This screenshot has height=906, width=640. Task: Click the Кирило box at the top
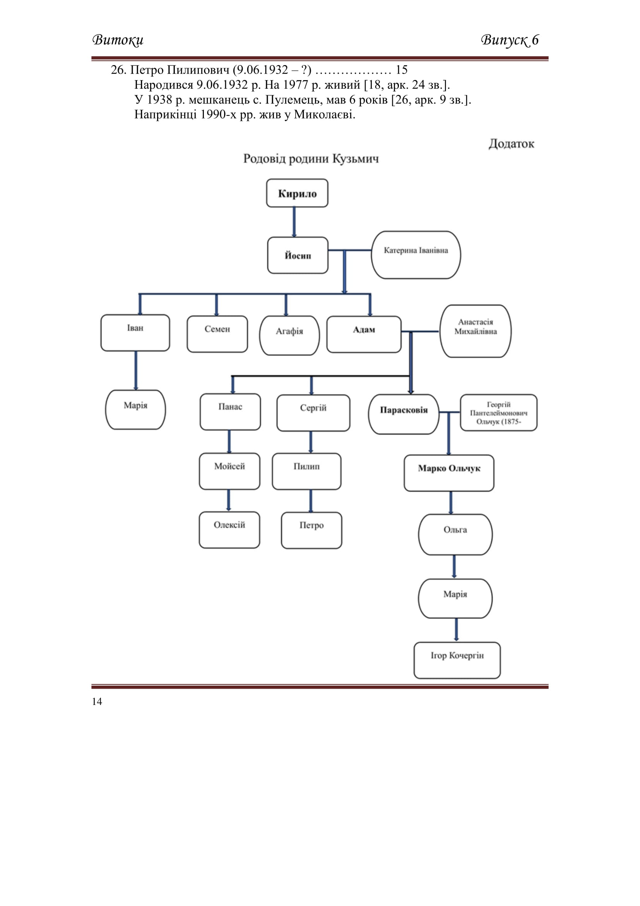click(297, 193)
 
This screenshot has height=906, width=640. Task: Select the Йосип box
click(298, 255)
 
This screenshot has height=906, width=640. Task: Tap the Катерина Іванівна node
click(416, 255)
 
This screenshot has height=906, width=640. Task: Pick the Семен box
click(217, 334)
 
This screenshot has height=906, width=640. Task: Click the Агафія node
click(289, 335)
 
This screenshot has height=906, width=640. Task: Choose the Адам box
click(364, 334)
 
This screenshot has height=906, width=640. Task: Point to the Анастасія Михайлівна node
click(475, 331)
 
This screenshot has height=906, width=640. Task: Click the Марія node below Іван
click(135, 409)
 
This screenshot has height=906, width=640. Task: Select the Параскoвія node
click(404, 414)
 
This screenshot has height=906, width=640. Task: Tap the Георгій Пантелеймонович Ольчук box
click(498, 413)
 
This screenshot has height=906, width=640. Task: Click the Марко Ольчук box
click(449, 473)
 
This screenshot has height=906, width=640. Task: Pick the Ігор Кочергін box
click(457, 660)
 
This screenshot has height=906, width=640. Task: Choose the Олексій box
click(229, 530)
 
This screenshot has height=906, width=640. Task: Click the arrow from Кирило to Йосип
click(294, 222)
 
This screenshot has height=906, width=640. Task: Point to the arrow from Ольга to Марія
click(454, 567)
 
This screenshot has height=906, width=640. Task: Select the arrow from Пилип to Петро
click(311, 501)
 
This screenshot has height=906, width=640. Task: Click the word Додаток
click(512, 144)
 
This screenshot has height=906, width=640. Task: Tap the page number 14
click(97, 701)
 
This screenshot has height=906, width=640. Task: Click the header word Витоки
click(118, 40)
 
